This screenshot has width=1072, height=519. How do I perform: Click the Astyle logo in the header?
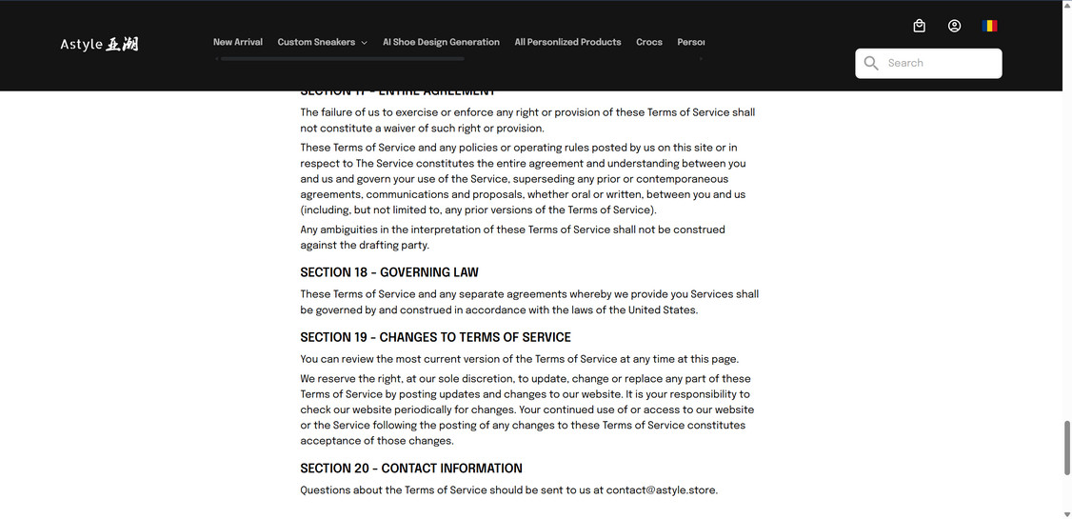point(99,44)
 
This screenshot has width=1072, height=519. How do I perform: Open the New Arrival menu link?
point(238,42)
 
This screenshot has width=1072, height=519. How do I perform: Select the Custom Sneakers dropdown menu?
point(322,42)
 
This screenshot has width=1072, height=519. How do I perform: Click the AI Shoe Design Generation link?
point(441,42)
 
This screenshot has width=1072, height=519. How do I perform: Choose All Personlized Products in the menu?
point(567,42)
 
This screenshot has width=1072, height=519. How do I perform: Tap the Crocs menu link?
point(649,42)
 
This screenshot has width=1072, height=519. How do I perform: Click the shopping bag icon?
point(919,26)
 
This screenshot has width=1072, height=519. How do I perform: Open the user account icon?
point(954,26)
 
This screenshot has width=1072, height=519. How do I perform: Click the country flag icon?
point(990,26)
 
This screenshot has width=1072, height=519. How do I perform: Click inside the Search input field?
point(938,63)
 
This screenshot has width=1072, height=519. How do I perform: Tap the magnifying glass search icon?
point(871,63)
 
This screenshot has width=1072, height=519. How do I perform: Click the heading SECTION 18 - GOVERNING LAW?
point(389,272)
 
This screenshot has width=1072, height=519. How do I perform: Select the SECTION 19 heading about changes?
point(435,337)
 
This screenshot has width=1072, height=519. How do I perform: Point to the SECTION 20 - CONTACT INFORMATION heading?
point(411,469)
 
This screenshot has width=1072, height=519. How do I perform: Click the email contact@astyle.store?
point(661,490)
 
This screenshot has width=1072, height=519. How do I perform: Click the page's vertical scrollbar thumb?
point(1066,448)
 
